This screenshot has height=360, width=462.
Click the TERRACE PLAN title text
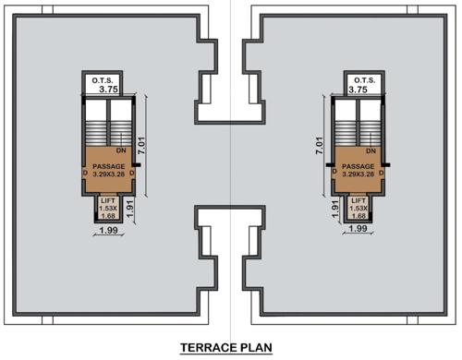231,347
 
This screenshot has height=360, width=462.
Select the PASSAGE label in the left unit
109,165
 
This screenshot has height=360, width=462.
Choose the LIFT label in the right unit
358,200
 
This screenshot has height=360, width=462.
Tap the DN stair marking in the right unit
370,150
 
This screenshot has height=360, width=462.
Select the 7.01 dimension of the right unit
320,145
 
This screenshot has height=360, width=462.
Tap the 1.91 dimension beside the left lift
131,209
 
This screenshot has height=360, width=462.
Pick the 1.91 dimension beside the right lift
335,209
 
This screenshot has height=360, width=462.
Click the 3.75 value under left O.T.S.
108,90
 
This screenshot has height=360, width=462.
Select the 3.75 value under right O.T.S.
357,90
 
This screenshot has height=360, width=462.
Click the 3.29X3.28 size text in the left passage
109,174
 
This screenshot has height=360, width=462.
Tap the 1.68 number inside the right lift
358,217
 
